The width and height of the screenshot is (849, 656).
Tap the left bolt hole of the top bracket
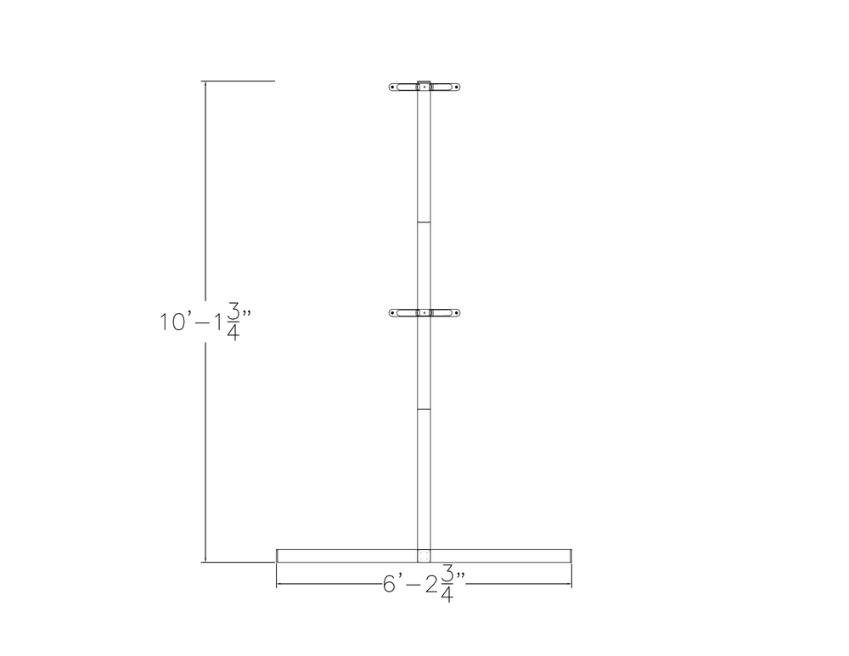click(x=393, y=87)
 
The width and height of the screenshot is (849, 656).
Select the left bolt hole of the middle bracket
click(x=393, y=313)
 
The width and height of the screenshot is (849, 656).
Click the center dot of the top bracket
click(x=424, y=87)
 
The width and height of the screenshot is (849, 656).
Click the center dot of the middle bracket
click(x=424, y=313)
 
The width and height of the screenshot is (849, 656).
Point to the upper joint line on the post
click(x=424, y=222)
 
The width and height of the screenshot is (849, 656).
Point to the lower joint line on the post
click(x=424, y=410)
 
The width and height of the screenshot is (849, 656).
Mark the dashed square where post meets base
click(x=424, y=557)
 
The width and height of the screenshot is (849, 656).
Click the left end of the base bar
click(x=278, y=556)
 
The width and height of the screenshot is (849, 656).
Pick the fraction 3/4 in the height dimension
click(x=233, y=322)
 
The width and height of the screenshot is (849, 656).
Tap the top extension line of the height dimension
click(x=239, y=81)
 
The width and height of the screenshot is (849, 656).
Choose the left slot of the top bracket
click(x=404, y=87)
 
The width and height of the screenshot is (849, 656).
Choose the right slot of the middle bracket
click(x=445, y=313)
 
